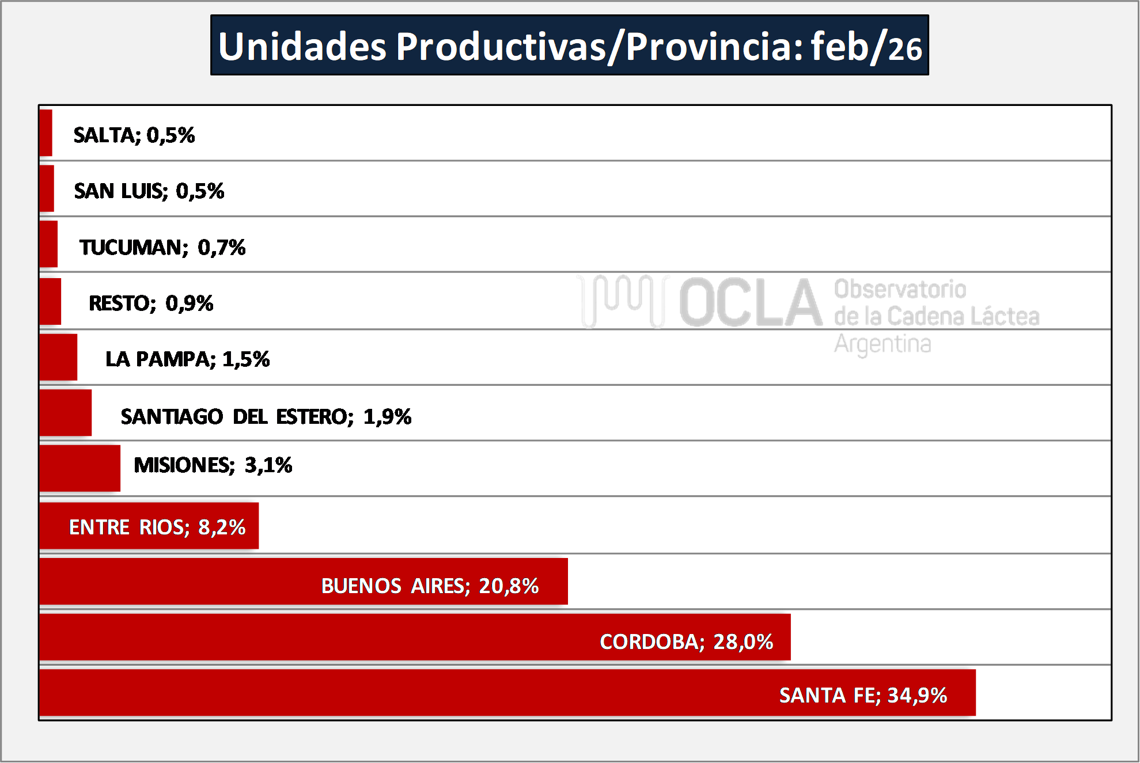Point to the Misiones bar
(x=80, y=468)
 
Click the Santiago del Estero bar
(x=66, y=412)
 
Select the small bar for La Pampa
(x=58, y=357)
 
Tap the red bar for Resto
(x=51, y=301)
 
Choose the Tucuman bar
(x=49, y=244)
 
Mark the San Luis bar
(x=47, y=188)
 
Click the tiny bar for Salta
(x=46, y=132)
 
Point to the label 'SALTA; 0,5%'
(x=134, y=135)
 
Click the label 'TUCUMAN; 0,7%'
(x=162, y=248)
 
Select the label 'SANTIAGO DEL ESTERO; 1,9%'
(x=266, y=416)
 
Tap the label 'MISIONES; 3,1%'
(x=213, y=465)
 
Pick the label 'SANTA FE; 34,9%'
(x=862, y=696)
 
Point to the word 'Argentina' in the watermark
(x=883, y=344)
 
